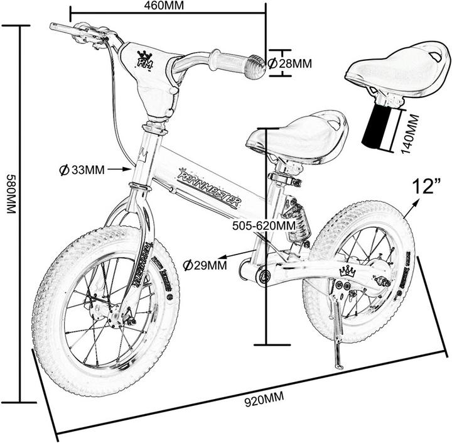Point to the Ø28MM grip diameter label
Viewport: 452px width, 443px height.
(290, 63)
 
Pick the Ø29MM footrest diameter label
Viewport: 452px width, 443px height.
(205, 265)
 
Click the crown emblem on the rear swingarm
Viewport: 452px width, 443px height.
(347, 271)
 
